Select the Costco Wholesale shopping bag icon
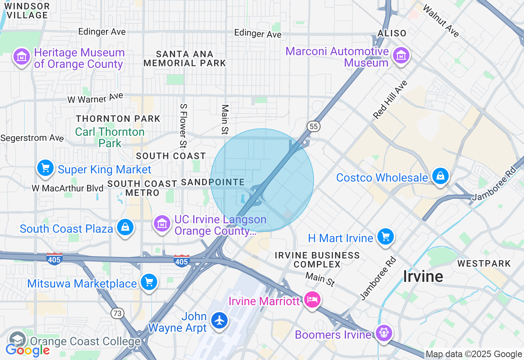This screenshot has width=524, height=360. point(440,177)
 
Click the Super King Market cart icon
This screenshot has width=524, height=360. point(45,168)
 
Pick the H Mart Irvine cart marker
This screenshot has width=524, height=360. point(385,237)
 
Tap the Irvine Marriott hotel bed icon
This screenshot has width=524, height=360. point(312,300)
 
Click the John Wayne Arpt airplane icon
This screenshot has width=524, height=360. point(220,321)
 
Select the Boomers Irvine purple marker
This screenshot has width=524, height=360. point(384,333)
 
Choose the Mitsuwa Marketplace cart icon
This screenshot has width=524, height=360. point(149,282)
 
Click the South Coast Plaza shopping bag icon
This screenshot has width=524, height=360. point(125,227)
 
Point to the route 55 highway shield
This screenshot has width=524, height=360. point(314,126)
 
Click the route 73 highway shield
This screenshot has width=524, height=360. point(117,313)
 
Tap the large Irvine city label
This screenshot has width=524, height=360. point(423,277)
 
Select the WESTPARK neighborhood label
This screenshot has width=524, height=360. point(484,263)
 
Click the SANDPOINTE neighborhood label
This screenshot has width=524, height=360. point(212,182)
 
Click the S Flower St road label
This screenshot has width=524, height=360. point(183,126)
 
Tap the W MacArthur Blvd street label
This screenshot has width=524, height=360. point(68,189)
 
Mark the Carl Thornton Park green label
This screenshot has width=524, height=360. point(110,137)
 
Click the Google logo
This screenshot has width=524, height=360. point(27,350)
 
